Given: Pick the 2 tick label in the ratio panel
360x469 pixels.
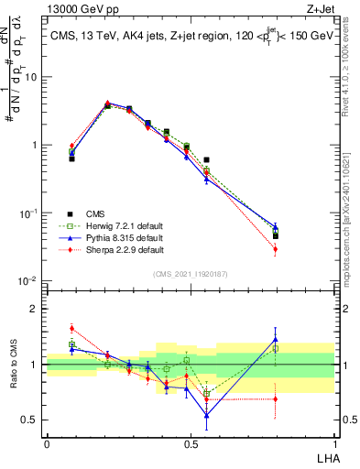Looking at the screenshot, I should [x=36, y=309].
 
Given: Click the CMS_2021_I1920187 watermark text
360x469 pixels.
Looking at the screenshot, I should [x=191, y=272].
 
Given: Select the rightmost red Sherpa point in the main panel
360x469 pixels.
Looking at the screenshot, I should [x=276, y=249].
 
